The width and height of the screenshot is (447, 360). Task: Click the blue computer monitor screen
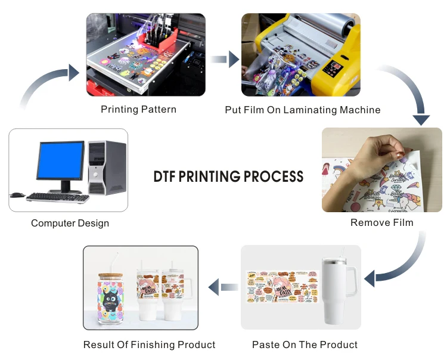tap(60, 160)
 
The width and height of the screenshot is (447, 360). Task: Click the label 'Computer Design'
tap(70, 224)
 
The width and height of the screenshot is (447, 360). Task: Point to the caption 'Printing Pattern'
tap(138, 109)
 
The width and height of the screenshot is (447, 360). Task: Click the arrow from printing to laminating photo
tap(224, 59)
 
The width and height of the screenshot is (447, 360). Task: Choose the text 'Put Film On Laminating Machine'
tap(302, 110)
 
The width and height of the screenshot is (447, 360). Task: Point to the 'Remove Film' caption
tap(381, 223)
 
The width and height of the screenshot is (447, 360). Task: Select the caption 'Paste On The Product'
tap(305, 345)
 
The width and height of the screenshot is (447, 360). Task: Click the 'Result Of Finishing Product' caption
tap(149, 345)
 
